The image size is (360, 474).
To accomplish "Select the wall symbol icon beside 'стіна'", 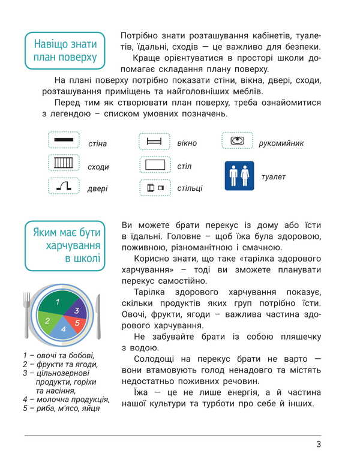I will click(64, 140).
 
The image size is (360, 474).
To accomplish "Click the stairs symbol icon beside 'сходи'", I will click(64, 163).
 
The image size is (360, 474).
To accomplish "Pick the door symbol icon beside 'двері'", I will click(64, 186).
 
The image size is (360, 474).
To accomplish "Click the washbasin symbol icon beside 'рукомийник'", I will click(238, 140).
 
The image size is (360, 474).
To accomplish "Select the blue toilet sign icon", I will click(239, 176).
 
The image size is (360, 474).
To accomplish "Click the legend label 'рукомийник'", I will click(281, 143).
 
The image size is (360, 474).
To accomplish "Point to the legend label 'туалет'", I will click(274, 177).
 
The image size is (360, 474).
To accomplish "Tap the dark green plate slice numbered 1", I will click(58, 302).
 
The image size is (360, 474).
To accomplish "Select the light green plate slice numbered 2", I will click(48, 320).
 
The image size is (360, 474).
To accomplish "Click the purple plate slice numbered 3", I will click(77, 310).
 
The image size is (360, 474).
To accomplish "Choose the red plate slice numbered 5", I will click(76, 323).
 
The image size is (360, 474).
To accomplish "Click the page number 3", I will click(318, 445).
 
